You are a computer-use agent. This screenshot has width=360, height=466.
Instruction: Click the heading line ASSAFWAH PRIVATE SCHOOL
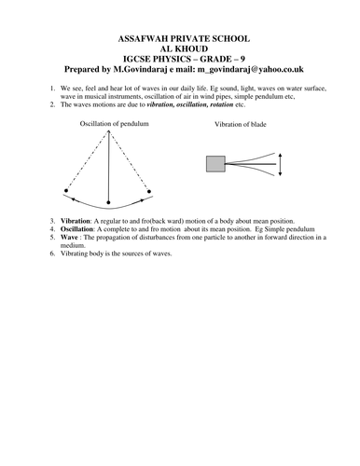(x=180, y=40)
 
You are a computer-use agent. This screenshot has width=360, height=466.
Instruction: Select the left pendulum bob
(x=66, y=191)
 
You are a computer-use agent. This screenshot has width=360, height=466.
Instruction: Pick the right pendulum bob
(x=150, y=191)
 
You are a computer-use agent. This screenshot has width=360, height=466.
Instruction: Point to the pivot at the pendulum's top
(x=108, y=130)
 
